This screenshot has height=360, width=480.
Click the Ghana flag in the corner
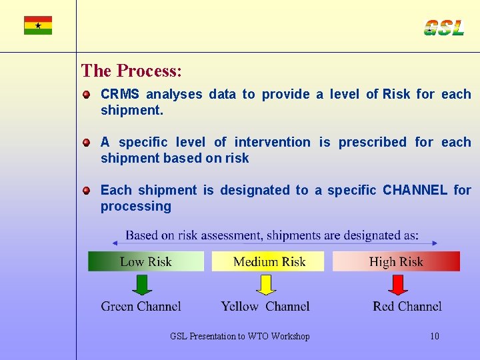click(38, 25)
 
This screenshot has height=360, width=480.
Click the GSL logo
click(443, 28)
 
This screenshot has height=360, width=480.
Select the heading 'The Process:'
click(131, 71)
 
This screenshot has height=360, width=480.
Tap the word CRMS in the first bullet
click(119, 95)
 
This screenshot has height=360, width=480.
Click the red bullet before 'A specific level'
click(87, 143)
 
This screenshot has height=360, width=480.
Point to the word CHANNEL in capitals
click(415, 191)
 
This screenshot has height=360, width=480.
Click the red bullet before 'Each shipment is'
click(87, 191)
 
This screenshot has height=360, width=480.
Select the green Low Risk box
click(145, 261)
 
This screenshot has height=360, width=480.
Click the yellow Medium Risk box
click(268, 261)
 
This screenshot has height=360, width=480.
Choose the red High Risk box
click(396, 261)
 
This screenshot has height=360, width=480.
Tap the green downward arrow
click(142, 285)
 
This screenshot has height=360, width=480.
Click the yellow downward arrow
click(266, 285)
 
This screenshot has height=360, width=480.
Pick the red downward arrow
click(398, 285)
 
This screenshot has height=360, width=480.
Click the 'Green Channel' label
click(141, 307)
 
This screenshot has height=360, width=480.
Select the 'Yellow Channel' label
click(265, 307)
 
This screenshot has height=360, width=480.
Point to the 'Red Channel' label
click(407, 307)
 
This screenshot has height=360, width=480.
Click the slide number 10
click(435, 336)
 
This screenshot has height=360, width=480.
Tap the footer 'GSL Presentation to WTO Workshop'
click(240, 337)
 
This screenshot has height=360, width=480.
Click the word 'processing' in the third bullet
click(135, 207)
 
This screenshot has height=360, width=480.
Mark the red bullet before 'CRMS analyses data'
click(87, 95)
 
